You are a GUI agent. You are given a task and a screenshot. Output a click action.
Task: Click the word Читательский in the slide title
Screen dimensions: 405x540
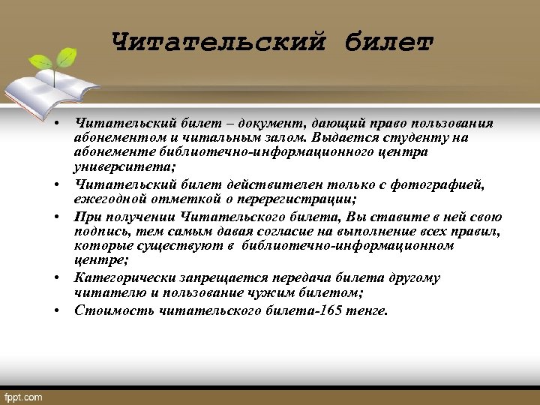pos(218,42)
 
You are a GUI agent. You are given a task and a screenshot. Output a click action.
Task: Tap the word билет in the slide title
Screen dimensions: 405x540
pos(389,42)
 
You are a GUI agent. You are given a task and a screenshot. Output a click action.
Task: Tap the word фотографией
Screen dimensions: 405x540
pos(447,184)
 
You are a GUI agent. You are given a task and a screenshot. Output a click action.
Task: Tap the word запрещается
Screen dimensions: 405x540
pos(224,277)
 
